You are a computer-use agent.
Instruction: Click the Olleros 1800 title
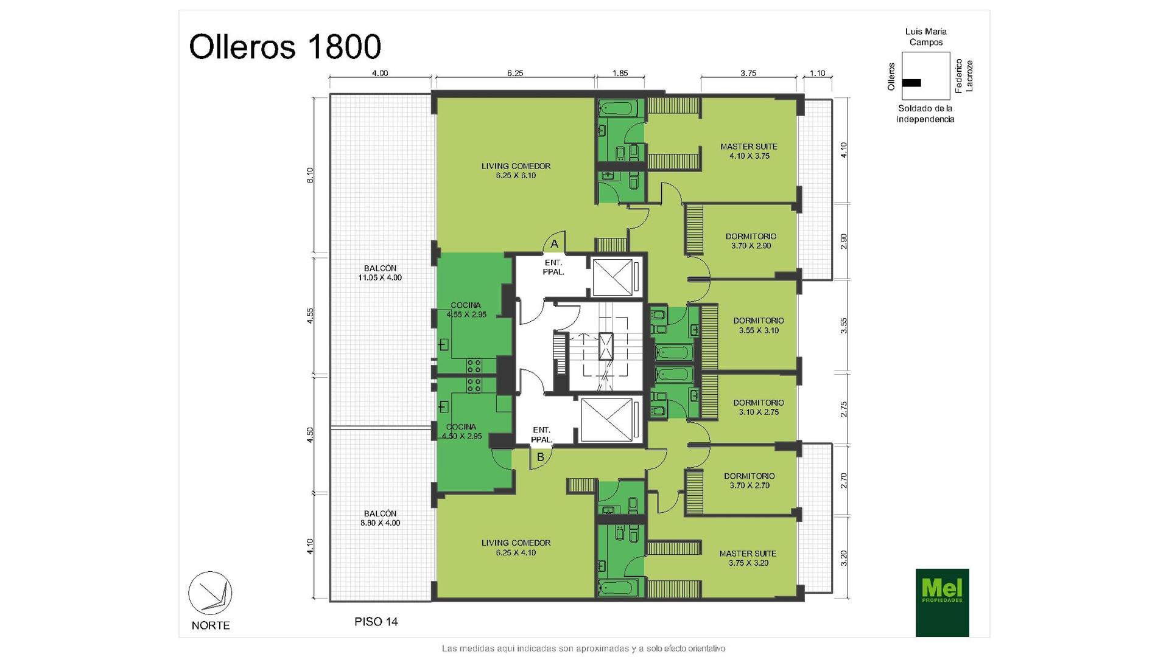(x=285, y=47)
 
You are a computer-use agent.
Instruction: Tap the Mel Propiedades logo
(x=942, y=602)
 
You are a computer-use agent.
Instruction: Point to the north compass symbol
(x=210, y=593)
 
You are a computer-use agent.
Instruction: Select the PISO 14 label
(x=376, y=622)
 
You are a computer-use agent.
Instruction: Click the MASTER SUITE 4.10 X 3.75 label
(x=749, y=151)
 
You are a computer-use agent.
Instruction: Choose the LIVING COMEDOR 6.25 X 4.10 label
(x=516, y=547)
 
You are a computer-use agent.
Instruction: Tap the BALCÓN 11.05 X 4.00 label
(x=380, y=273)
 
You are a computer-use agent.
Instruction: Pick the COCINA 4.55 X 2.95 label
(x=466, y=310)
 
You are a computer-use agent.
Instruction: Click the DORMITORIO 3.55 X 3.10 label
(x=759, y=325)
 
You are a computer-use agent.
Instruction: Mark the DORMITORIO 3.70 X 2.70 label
(x=749, y=481)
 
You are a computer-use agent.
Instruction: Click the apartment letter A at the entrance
(x=554, y=244)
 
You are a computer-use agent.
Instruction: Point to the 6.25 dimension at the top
(x=515, y=73)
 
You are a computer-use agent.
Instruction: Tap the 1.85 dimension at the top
(x=620, y=73)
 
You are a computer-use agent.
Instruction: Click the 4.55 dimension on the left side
(x=311, y=316)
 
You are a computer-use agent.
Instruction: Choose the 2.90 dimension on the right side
(x=843, y=242)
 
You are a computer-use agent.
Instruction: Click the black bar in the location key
(x=911, y=83)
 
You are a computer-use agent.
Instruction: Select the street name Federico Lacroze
(x=964, y=76)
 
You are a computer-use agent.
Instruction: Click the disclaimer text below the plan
(x=583, y=648)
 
